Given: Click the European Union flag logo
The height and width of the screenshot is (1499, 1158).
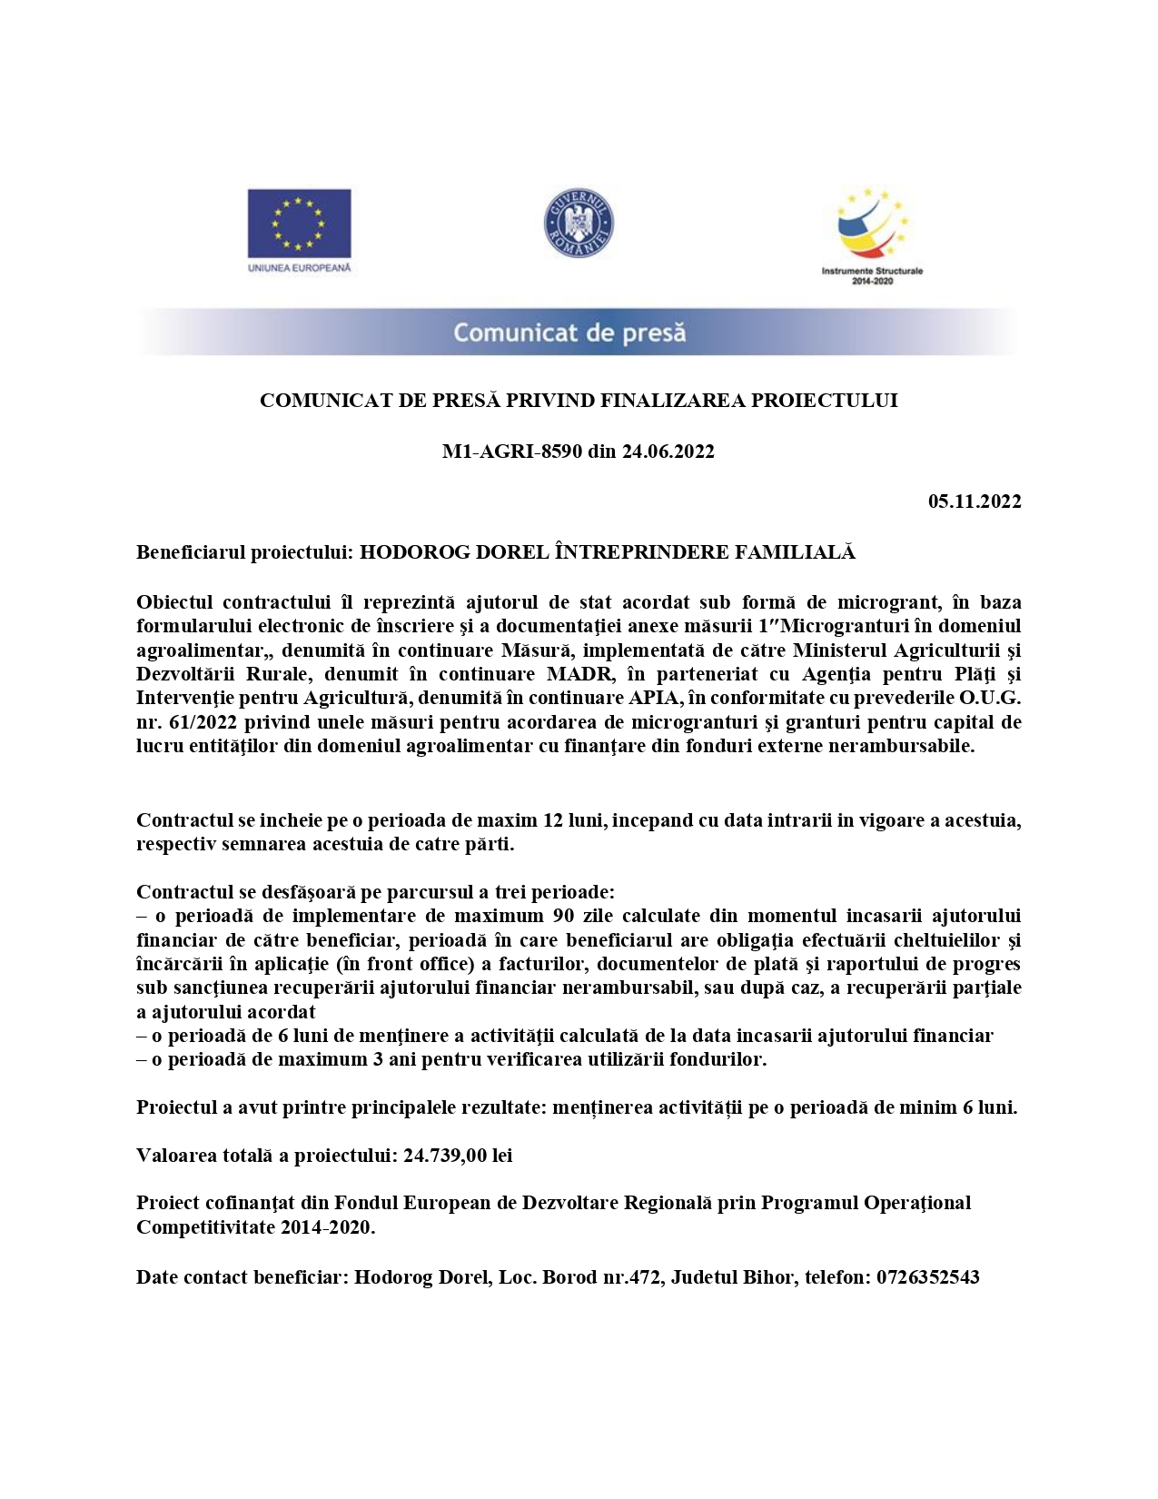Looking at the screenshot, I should tap(299, 223).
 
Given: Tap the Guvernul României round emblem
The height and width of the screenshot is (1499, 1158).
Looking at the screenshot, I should tap(579, 223).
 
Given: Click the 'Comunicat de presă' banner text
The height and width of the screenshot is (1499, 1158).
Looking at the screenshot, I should tap(569, 333).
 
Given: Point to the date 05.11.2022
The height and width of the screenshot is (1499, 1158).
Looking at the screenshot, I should tap(975, 501).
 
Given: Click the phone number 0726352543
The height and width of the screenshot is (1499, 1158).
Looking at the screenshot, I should tap(927, 1277).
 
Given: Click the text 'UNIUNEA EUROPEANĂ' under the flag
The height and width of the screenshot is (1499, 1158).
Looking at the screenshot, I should tap(299, 268).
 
